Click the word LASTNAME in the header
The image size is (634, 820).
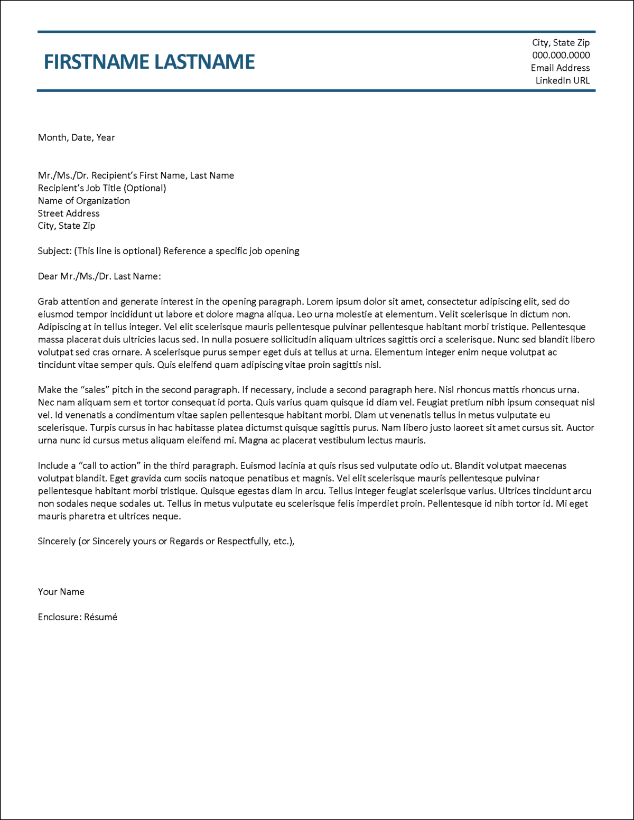pos(204,62)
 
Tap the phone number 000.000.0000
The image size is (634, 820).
pos(561,55)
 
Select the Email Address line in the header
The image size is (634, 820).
pos(560,68)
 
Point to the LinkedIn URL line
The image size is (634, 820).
pos(562,80)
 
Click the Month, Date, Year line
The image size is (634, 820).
pos(76,137)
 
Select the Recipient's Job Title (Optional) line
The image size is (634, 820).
pos(102,188)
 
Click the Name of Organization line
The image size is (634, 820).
pos(83,201)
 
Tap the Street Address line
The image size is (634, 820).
pos(69,213)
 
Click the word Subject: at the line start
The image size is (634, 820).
pos(54,251)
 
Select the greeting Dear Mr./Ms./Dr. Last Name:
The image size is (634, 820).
pos(99,276)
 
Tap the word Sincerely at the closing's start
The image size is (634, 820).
pos(57,542)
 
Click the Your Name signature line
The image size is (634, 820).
pos(61,592)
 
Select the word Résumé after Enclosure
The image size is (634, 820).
pos(100,617)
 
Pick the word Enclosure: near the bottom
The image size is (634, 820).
pos(60,617)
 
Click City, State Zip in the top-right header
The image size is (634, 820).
pos(561,42)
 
